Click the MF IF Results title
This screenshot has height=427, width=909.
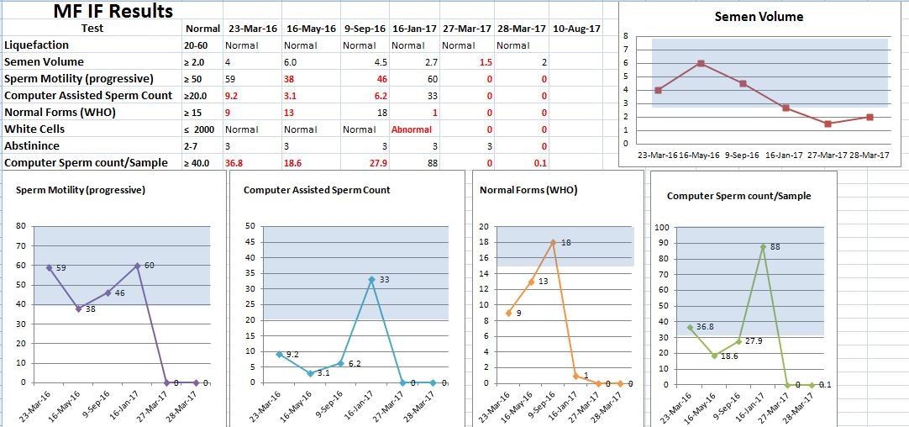coord(113,11)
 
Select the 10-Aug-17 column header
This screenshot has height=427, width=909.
coord(576,28)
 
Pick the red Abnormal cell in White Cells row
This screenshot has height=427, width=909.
coord(412,129)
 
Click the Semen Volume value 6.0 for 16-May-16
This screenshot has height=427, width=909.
coord(291,62)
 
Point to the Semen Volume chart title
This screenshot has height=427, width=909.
coord(759,17)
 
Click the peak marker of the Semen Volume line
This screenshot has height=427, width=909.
coord(701,63)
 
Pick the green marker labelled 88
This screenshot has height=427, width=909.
coord(763,246)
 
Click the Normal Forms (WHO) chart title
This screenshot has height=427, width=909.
coord(528,190)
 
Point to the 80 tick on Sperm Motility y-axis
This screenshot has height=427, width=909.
coord(21,226)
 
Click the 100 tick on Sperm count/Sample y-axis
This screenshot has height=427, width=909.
coord(661,227)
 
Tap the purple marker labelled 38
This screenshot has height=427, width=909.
coord(79,308)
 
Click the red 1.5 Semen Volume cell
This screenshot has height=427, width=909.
coord(486,62)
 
